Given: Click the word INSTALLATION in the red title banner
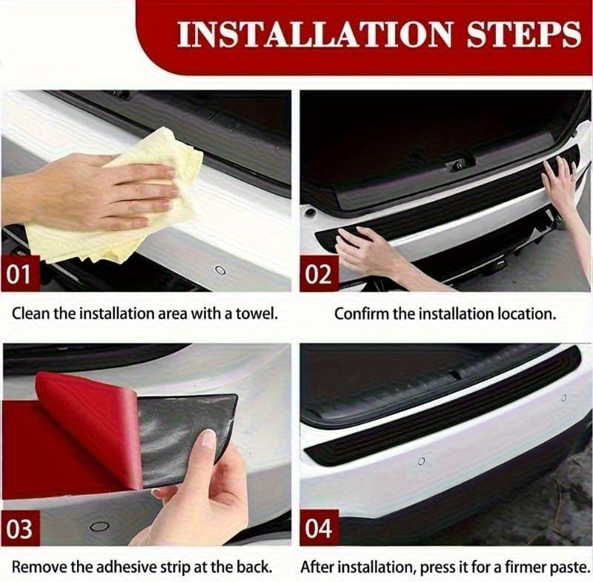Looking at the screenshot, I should (312, 35).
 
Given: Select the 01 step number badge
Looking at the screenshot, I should (20, 274).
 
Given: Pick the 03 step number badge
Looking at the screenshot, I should (20, 530).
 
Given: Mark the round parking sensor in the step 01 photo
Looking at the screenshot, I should (219, 270).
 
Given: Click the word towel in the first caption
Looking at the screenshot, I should (256, 313).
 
